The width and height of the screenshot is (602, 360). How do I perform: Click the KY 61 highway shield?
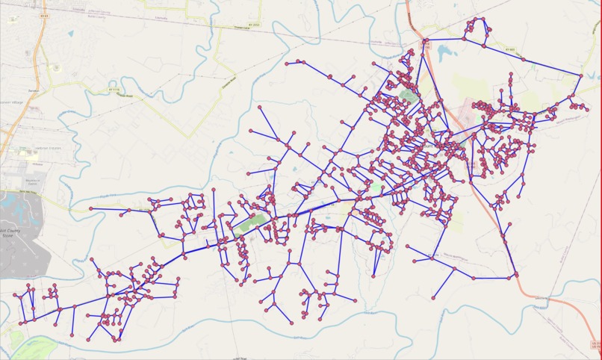(46, 15)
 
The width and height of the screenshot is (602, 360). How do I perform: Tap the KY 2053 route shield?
(255, 25)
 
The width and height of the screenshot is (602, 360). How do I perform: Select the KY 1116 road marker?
(115, 88)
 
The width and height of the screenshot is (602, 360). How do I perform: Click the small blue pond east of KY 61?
(70, 34)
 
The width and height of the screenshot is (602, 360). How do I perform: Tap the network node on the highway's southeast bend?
(516, 276)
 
